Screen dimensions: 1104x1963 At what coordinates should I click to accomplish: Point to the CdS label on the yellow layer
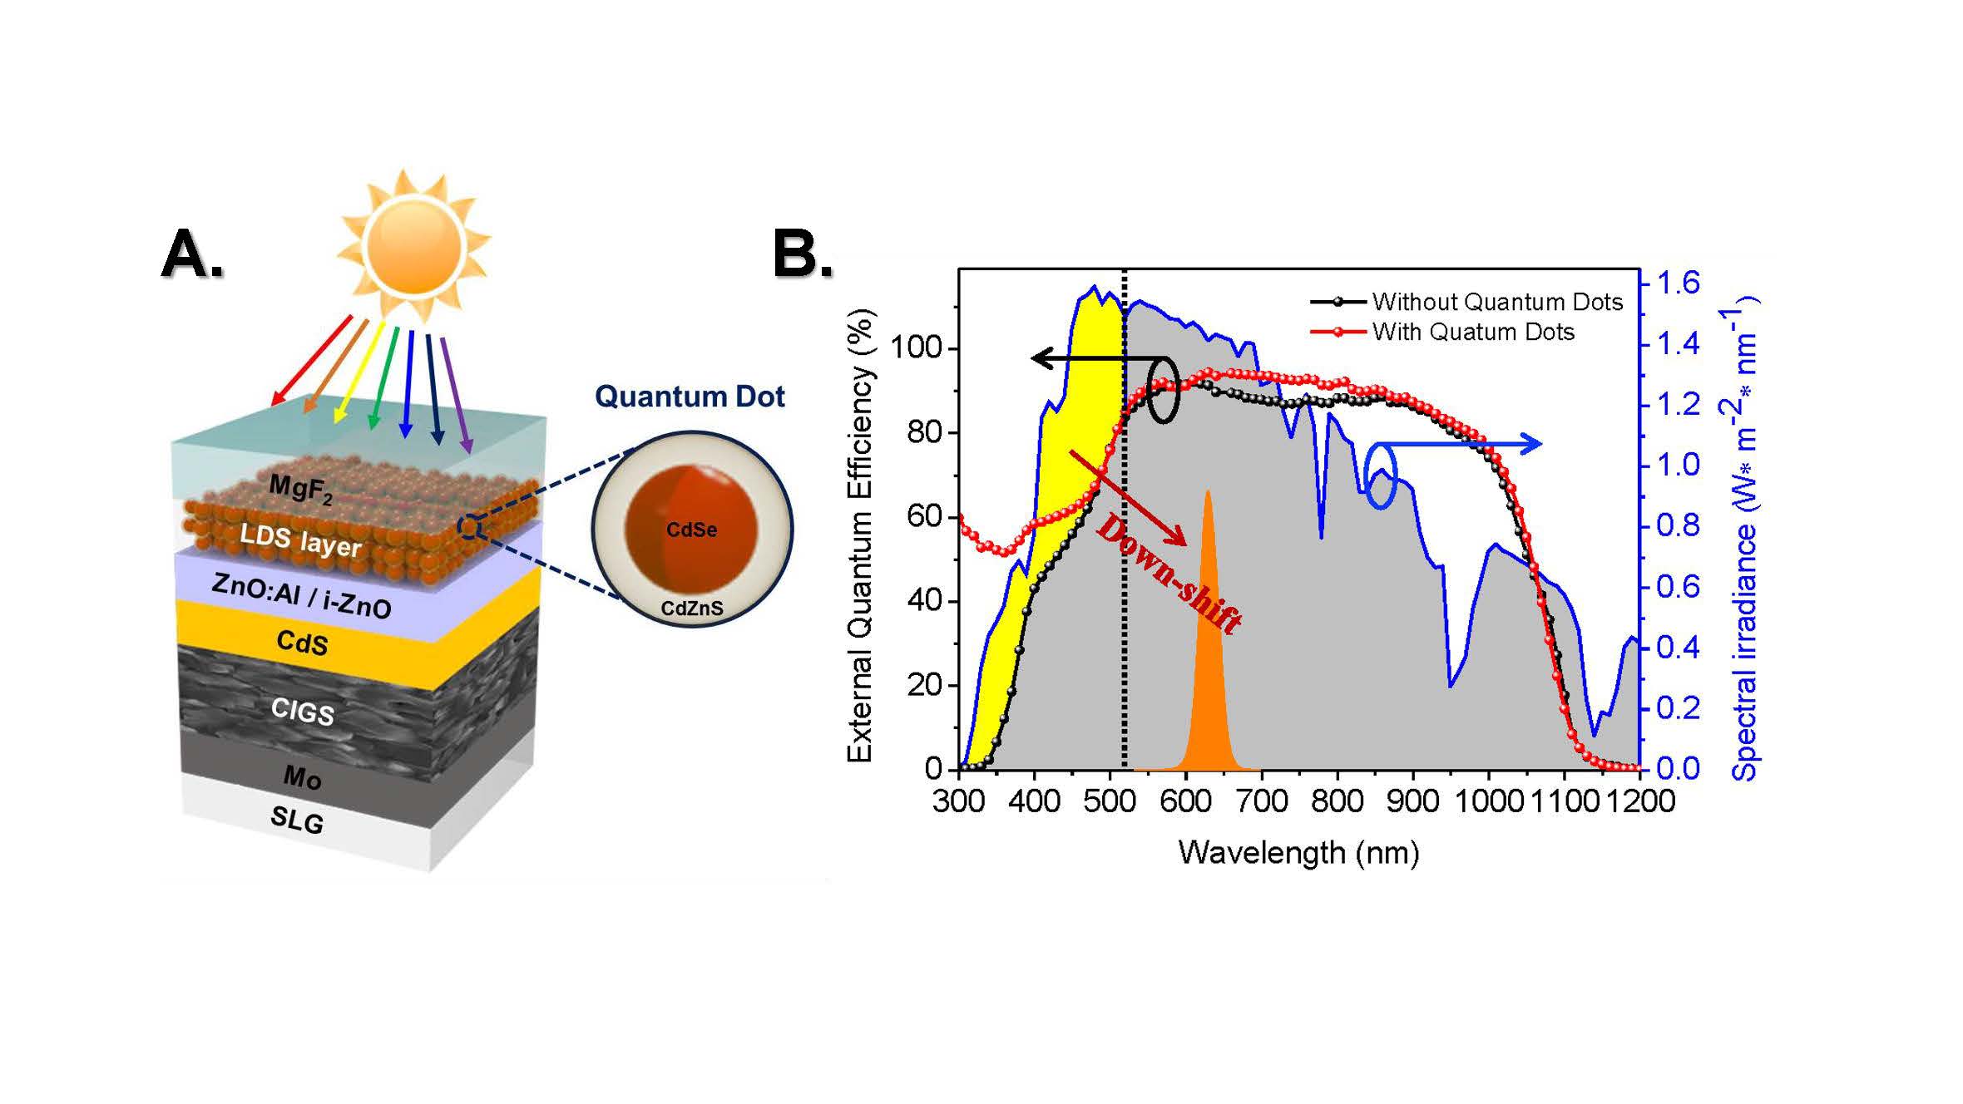pyautogui.click(x=302, y=642)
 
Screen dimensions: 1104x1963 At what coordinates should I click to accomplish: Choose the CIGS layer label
pyautogui.click(x=303, y=711)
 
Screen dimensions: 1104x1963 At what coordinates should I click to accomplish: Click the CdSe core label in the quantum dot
pyautogui.click(x=691, y=530)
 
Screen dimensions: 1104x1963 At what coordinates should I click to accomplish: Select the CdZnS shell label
pyautogui.click(x=692, y=609)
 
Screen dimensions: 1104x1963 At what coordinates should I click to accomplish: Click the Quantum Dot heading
pyautogui.click(x=690, y=397)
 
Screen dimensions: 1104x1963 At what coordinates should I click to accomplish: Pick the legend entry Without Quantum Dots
pyautogui.click(x=1496, y=302)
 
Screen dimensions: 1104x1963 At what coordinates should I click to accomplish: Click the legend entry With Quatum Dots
pyautogui.click(x=1472, y=332)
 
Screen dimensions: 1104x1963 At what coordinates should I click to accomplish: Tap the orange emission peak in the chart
pyautogui.click(x=1208, y=665)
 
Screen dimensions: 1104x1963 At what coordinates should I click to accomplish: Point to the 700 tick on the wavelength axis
pyautogui.click(x=1261, y=801)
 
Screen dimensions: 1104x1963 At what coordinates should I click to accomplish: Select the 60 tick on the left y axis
pyautogui.click(x=923, y=516)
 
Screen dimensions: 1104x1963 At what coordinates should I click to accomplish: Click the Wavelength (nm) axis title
pyautogui.click(x=1298, y=852)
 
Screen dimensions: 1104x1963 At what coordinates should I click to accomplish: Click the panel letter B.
pyautogui.click(x=802, y=254)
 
